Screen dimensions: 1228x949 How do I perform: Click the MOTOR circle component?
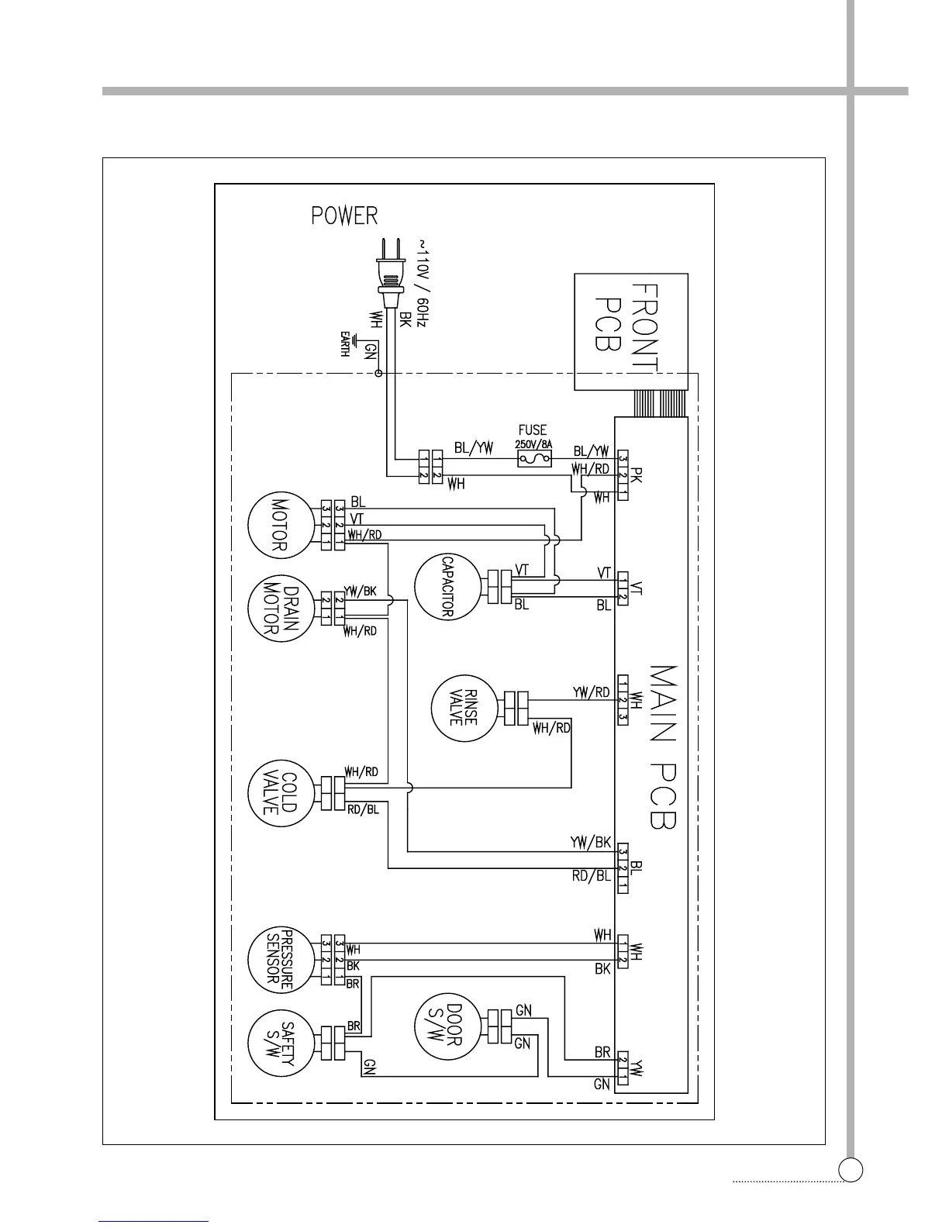tap(278, 524)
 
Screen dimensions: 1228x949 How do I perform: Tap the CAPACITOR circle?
tap(446, 587)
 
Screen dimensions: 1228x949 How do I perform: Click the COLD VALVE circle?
tap(278, 792)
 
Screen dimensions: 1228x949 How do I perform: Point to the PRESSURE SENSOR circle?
tap(278, 956)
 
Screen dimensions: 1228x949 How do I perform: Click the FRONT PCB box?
tap(630, 331)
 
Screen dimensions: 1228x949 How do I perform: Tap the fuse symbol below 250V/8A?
tap(534, 461)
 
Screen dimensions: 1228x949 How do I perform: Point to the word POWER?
tap(344, 216)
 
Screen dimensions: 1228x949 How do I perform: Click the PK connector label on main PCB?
tap(637, 474)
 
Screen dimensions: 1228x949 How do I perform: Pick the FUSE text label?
tap(532, 430)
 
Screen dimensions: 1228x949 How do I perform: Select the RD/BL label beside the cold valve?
tap(363, 810)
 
